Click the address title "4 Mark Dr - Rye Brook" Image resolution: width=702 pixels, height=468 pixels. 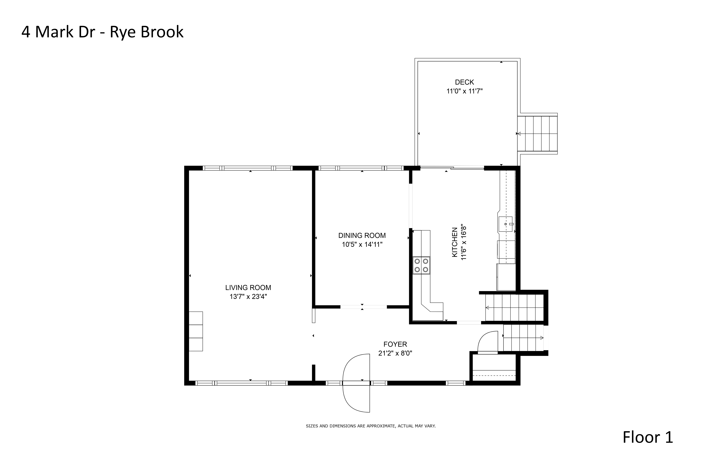(x=102, y=32)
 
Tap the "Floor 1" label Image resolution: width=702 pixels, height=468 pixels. (x=648, y=437)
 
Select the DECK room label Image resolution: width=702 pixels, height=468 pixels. (x=464, y=82)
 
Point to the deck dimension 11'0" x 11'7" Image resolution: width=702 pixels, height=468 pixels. (x=464, y=91)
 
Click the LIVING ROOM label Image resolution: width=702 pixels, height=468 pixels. (x=248, y=287)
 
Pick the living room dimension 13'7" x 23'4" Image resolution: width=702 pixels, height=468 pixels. (x=248, y=296)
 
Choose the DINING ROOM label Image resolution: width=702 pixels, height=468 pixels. (x=362, y=236)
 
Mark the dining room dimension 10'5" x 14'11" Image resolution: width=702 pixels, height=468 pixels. (x=362, y=244)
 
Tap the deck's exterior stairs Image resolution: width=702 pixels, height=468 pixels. (x=537, y=134)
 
